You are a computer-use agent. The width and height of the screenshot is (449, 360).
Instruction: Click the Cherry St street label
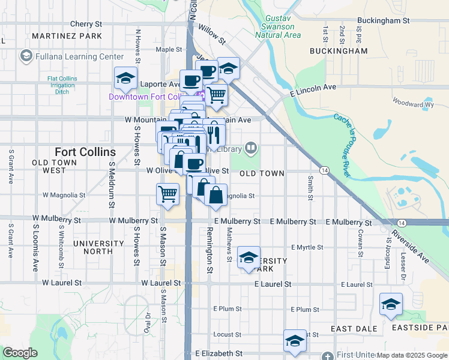coord(86,24)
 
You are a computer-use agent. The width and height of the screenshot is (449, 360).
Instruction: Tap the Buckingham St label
coord(382,20)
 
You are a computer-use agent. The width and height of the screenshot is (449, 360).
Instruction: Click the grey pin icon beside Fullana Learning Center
coord(26,56)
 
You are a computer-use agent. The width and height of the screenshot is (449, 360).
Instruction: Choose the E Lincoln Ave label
coord(312,88)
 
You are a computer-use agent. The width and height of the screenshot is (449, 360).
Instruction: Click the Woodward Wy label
coord(412,104)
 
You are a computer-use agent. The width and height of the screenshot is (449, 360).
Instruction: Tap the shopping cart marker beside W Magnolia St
coord(167,193)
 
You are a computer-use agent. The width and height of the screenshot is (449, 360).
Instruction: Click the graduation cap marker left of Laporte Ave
coord(126,77)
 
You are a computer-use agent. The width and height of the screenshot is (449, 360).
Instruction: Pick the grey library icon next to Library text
coord(251,148)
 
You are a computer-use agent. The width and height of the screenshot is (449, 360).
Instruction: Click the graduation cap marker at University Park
coord(248,257)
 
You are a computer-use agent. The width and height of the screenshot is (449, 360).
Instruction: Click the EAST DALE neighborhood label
coord(354,329)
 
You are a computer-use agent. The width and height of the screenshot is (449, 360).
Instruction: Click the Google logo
coord(20,353)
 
